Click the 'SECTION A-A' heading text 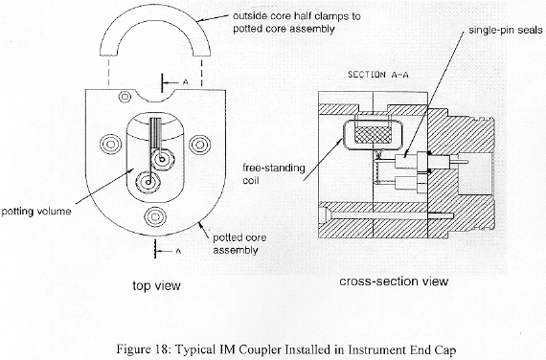(377, 75)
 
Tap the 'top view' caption (156, 285)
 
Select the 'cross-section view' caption (394, 281)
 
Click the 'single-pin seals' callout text (505, 31)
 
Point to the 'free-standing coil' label (274, 173)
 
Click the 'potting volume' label (36, 212)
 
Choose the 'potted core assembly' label (239, 244)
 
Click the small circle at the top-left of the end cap (125, 97)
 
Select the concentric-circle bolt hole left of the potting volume (111, 145)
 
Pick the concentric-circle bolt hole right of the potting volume (200, 145)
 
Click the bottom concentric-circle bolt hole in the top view (155, 216)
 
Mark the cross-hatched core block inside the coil (373, 134)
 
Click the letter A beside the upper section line (186, 82)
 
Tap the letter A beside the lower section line (178, 251)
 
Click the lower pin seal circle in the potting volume (148, 182)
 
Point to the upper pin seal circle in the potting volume (162, 160)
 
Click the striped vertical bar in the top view (155, 133)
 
